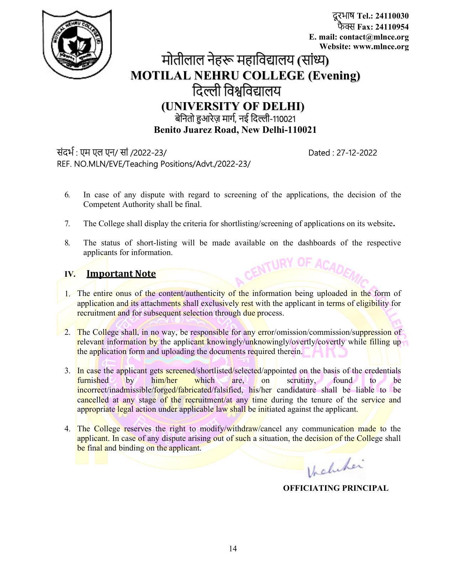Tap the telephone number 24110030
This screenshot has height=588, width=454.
pos(392,16)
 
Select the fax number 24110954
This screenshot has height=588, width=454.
pos(392,27)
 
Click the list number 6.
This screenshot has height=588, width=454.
pos(67,195)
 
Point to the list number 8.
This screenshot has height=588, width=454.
pos(67,243)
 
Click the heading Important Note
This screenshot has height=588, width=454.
pos(121,274)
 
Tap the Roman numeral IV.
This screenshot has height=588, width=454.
pos(70,274)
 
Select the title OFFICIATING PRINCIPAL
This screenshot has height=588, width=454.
pos(335,488)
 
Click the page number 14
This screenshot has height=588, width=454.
pos(233,548)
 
